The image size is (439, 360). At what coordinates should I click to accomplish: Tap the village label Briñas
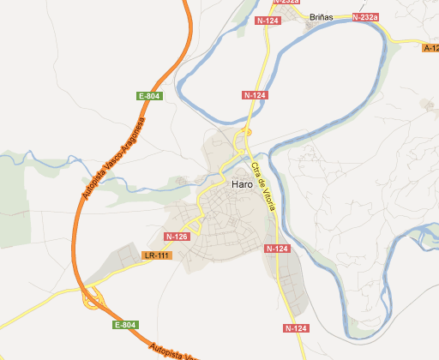coord(321,17)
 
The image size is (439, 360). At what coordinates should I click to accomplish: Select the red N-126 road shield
coord(177,237)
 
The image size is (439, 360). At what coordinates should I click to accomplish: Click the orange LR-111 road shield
coord(158,255)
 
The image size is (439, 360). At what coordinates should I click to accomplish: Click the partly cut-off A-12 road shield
coord(430,48)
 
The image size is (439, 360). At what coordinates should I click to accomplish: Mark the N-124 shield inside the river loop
coord(255,94)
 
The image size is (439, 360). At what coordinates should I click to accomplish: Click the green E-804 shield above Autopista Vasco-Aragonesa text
coord(149,96)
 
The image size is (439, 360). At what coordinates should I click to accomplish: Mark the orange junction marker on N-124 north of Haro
coord(245,131)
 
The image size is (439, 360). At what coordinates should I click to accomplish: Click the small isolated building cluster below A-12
coord(426,105)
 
